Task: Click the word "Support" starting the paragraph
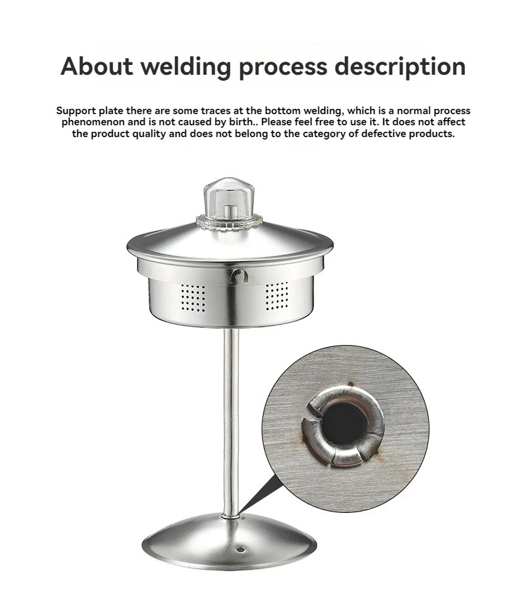[77, 111]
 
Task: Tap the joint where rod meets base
[229, 516]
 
